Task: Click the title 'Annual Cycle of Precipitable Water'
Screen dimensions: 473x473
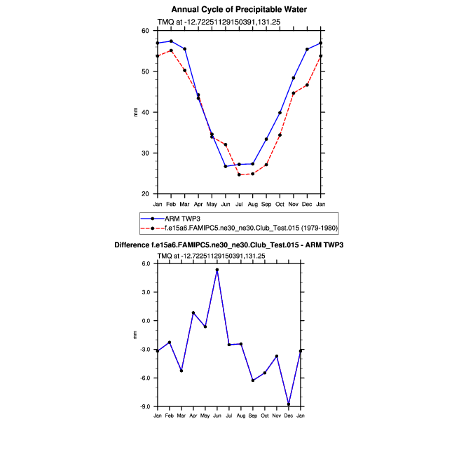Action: point(239,9)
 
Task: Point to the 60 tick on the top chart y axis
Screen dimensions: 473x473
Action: point(146,31)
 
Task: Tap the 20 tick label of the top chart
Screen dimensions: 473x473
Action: point(146,193)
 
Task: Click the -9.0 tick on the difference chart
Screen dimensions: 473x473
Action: point(144,406)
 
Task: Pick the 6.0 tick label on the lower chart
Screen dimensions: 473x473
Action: point(146,263)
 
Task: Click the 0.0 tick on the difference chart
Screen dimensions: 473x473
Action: point(146,321)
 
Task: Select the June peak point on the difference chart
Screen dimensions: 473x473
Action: point(217,270)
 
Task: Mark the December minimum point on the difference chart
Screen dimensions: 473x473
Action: point(289,404)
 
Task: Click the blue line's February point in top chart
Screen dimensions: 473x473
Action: point(171,41)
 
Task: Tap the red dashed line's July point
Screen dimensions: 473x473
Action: point(239,174)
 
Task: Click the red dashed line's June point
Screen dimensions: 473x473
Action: point(226,144)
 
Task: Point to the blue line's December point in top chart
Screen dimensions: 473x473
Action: point(307,49)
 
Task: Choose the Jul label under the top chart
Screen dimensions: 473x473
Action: point(239,203)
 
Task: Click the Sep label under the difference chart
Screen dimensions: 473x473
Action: point(253,416)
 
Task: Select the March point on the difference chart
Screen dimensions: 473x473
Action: point(181,371)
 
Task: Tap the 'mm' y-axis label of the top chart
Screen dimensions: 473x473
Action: point(136,112)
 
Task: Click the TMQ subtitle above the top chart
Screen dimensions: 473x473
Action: point(210,22)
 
